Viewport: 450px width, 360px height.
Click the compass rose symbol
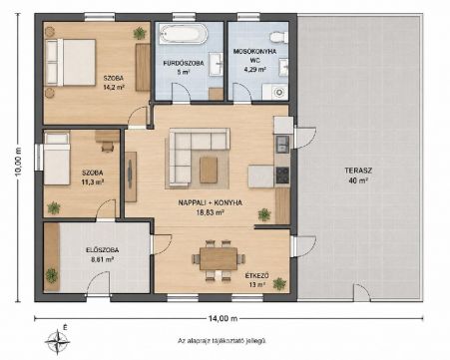pos(57,341)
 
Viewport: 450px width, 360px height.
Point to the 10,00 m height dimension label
pos(18,161)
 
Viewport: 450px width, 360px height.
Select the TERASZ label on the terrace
pos(358,171)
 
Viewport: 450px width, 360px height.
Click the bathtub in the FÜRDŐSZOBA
pos(184,34)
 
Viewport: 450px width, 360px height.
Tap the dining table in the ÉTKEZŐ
pos(219,258)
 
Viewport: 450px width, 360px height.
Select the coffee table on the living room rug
pos(209,170)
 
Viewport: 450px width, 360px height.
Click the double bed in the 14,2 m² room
pos(71,63)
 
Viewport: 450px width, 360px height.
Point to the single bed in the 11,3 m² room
pos(57,159)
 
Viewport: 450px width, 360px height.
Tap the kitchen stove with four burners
pos(282,175)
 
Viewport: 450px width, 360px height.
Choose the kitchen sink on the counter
pos(282,144)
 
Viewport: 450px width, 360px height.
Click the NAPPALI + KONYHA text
pos(211,202)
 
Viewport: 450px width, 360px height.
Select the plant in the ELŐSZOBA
pos(52,275)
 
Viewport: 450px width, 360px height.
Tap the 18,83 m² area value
pos(210,212)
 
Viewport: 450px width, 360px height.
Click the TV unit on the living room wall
pos(131,177)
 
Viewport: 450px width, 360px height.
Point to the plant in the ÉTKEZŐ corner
pos(279,283)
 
